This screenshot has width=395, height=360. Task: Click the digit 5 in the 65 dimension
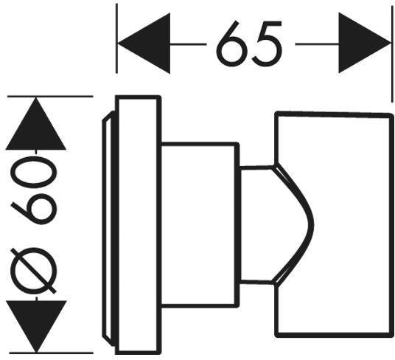point(268,44)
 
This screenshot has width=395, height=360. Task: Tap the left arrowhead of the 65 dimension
point(144,44)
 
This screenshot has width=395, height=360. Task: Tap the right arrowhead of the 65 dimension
point(365,43)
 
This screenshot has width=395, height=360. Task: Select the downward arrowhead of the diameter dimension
point(36,327)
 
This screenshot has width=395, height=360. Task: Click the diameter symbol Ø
point(33,271)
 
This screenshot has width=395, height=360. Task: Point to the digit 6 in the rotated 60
point(34,209)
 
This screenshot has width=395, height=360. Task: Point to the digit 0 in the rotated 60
point(34,172)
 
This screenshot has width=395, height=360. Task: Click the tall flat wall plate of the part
point(138,224)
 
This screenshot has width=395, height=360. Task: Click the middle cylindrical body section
point(200,225)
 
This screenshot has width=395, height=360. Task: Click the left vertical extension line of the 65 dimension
point(116,38)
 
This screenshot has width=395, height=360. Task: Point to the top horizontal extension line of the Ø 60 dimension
point(50,96)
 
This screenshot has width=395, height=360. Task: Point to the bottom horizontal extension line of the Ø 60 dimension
point(52,353)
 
